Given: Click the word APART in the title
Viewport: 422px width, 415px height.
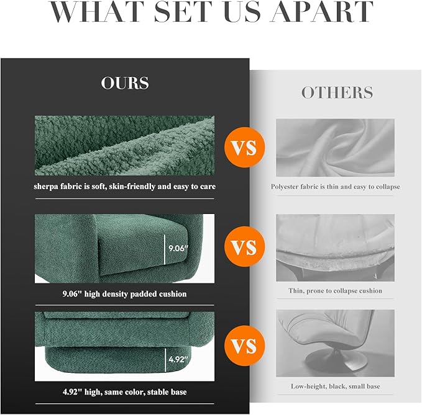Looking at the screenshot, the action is (321, 11).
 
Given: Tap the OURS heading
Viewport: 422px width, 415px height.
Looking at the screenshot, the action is (125, 83).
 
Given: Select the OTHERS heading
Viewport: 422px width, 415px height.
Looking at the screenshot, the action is (337, 92).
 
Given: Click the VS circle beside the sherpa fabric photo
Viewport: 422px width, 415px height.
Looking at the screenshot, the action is (245, 148).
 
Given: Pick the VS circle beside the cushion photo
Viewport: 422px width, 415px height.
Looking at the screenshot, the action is (245, 247).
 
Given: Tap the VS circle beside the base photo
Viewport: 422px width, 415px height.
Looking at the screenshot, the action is (245, 346).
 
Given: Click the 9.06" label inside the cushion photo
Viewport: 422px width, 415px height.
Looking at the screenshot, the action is (178, 248).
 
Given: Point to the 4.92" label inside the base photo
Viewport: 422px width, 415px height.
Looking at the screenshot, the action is (178, 359).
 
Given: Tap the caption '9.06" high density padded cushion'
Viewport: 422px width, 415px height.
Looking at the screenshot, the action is (124, 294).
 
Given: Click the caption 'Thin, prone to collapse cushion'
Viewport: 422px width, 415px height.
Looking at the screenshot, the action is (336, 291).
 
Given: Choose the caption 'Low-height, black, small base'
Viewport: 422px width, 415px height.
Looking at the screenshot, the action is (336, 386).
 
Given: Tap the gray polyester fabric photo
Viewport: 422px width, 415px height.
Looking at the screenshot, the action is (336, 148).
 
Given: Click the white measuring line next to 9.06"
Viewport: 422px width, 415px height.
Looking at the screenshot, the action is (165, 249).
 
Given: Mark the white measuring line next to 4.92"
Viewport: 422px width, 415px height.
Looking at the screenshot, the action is (165, 360).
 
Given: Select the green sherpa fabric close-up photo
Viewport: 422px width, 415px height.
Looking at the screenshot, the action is (124, 146).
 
